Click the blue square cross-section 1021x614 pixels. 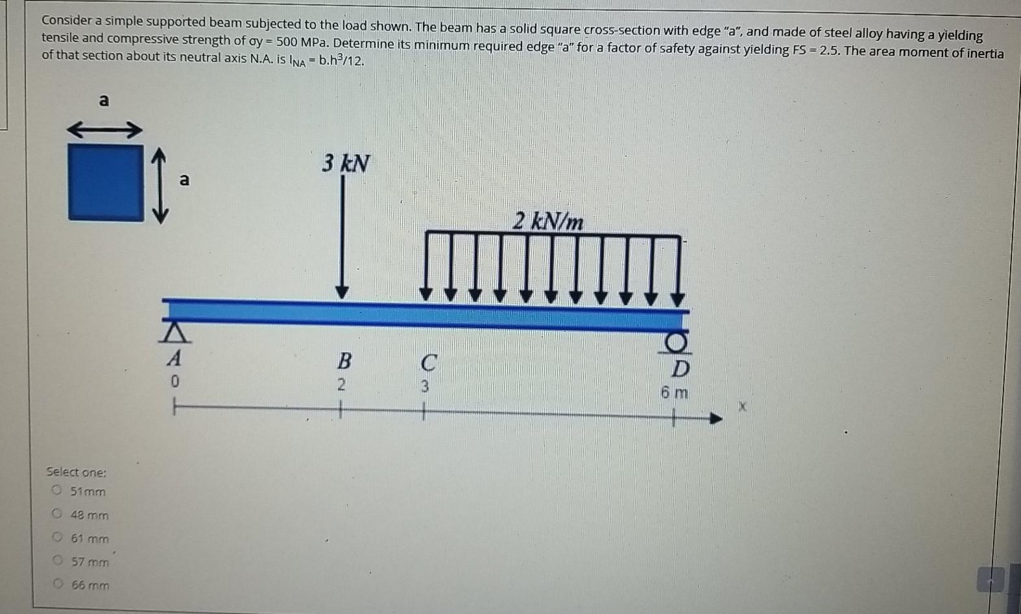coord(106,182)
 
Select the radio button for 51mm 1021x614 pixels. coord(57,490)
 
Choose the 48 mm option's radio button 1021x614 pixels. coord(57,514)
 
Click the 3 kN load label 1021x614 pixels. coord(346,163)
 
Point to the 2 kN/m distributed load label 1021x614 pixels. coord(548,222)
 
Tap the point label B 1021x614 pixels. coord(344,359)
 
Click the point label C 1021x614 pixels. coord(428,362)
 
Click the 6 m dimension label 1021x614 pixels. coord(675,393)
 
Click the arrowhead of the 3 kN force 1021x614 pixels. coord(342,292)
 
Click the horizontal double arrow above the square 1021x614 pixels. coord(104,131)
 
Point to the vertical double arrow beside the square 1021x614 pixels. coord(160,185)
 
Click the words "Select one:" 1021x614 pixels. coord(77,472)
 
